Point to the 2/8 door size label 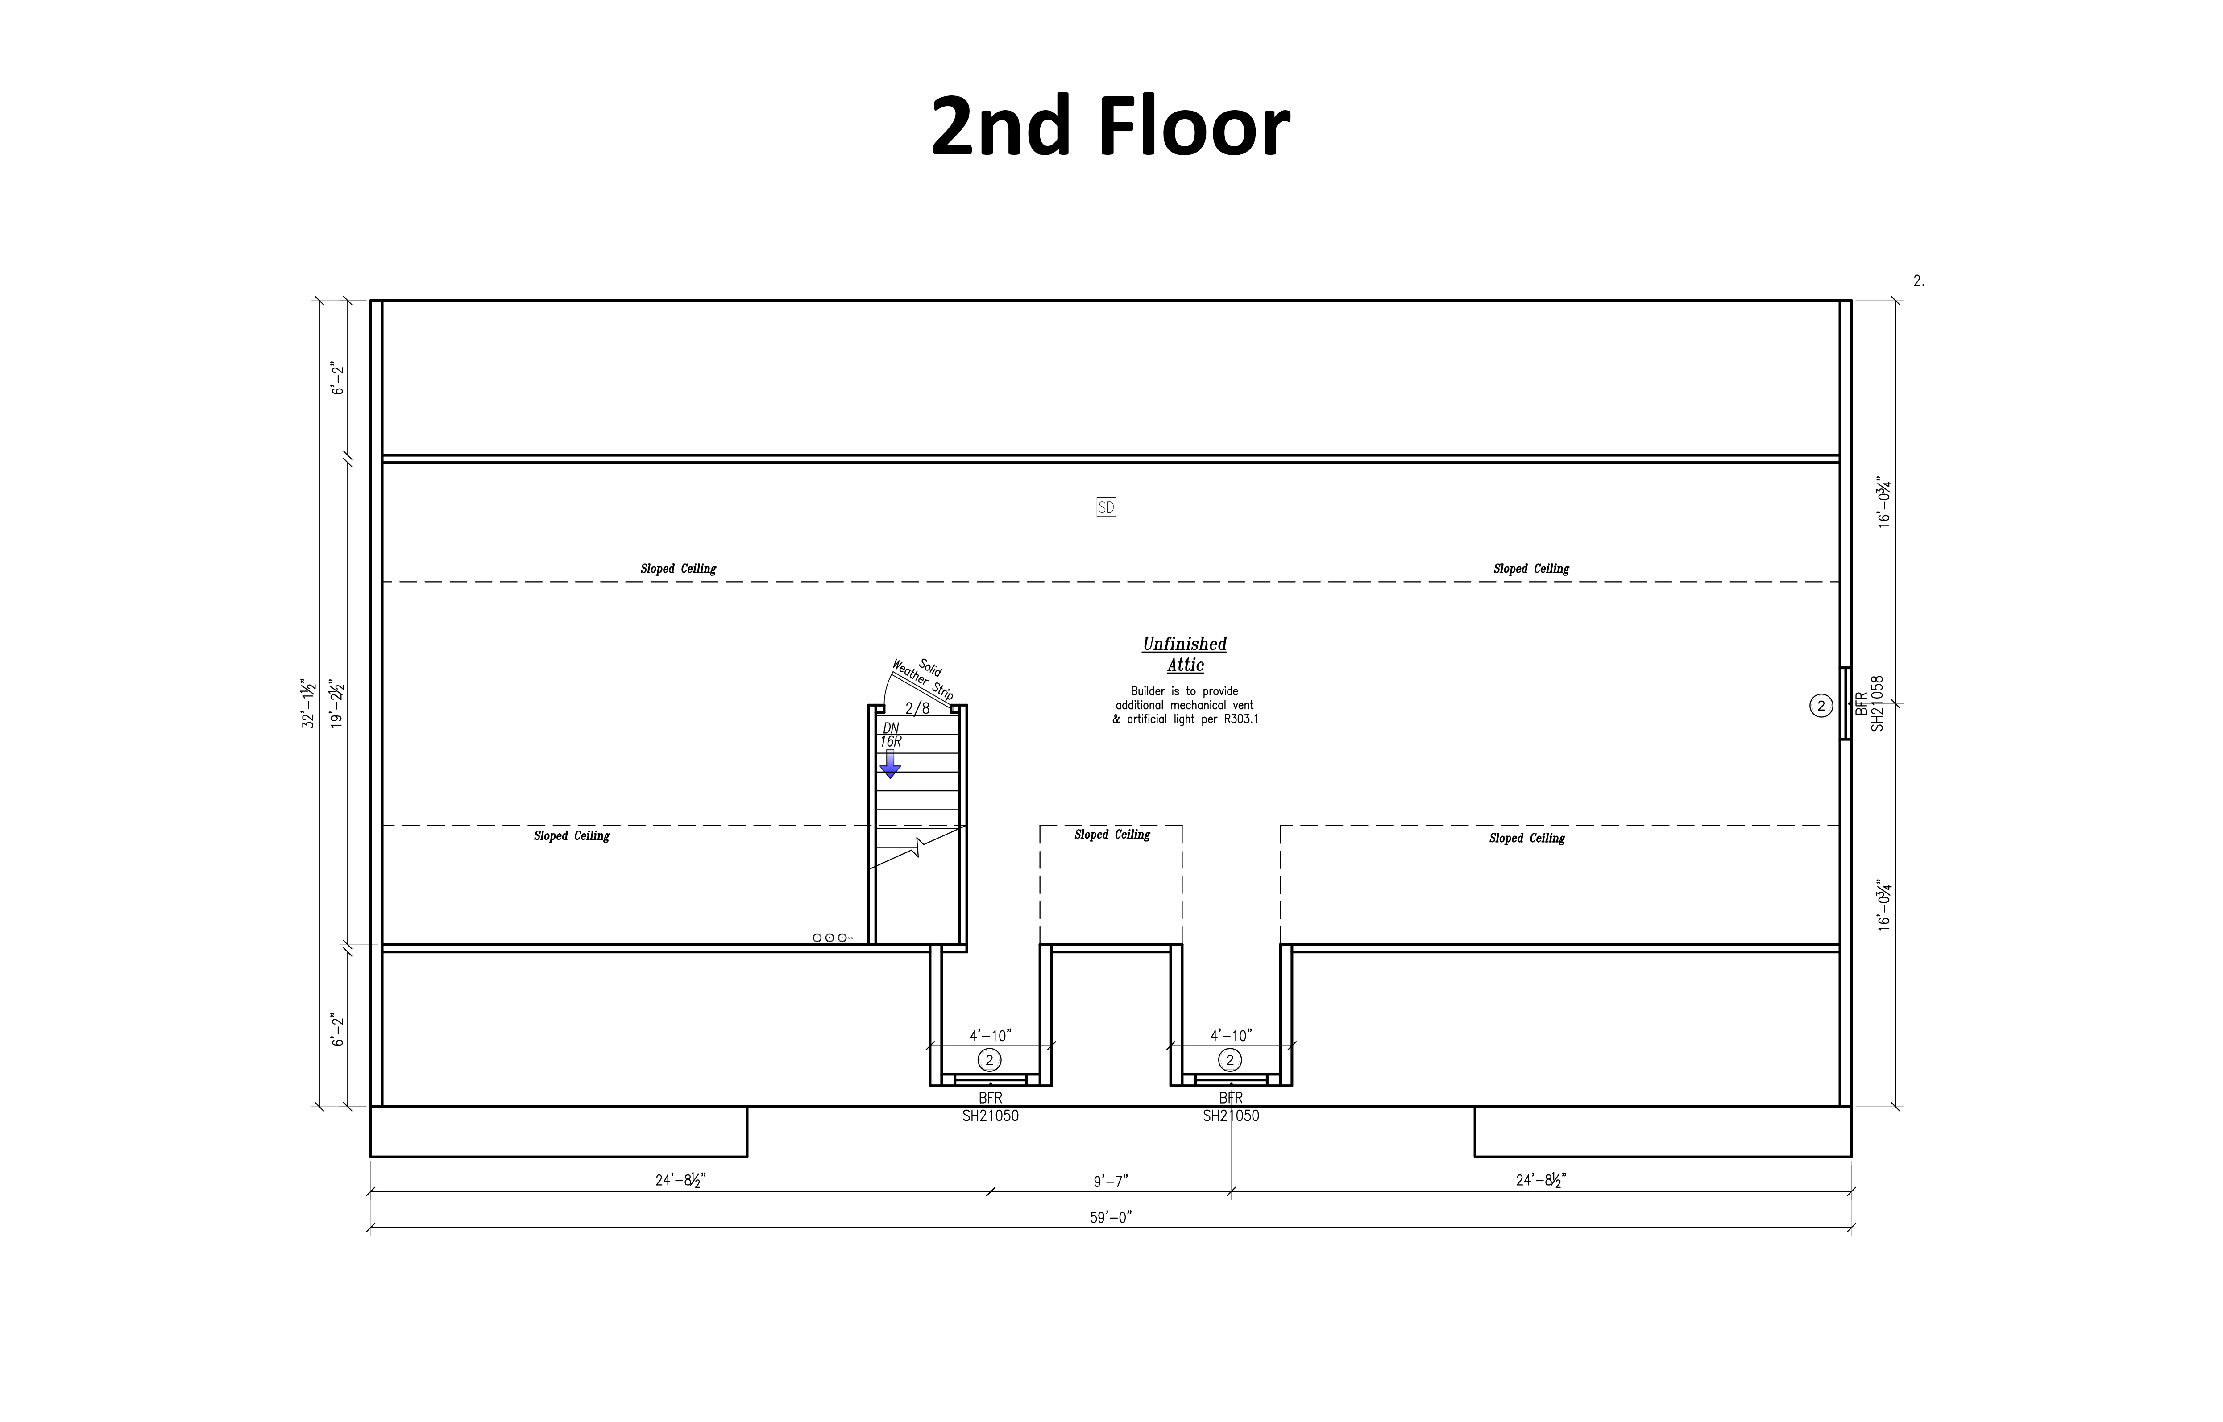click(917, 708)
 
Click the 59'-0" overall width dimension click(1110, 1217)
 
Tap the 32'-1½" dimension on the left click(309, 703)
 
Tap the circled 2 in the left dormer click(989, 1060)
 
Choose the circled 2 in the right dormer click(1229, 1060)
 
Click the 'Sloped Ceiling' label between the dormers click(1112, 835)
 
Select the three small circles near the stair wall click(829, 938)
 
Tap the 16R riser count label click(890, 741)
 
